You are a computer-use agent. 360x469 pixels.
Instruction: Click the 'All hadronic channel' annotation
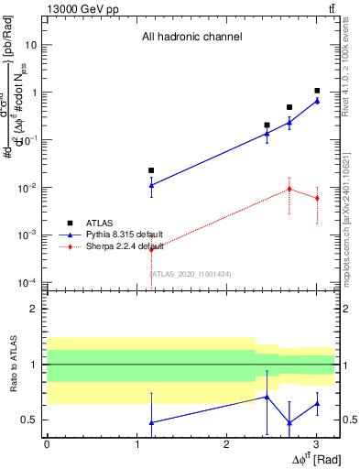pos(191,37)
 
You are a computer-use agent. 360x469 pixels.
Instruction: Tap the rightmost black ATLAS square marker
pos(317,91)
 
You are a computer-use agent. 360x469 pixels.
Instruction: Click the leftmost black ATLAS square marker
pos(151,170)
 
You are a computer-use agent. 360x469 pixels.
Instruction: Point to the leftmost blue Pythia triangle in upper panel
pos(151,185)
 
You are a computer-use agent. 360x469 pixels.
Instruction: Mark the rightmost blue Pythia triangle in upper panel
pos(317,101)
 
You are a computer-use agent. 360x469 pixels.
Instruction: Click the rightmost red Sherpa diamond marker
pos(317,198)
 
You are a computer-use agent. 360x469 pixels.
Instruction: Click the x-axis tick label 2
pos(226,443)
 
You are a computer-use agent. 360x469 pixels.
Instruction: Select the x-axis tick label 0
pos(47,443)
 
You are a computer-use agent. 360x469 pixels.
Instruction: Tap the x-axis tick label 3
pos(316,443)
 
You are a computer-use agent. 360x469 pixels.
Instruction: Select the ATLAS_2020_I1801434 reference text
pos(191,274)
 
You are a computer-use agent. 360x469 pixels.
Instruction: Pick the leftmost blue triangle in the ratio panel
pos(151,422)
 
